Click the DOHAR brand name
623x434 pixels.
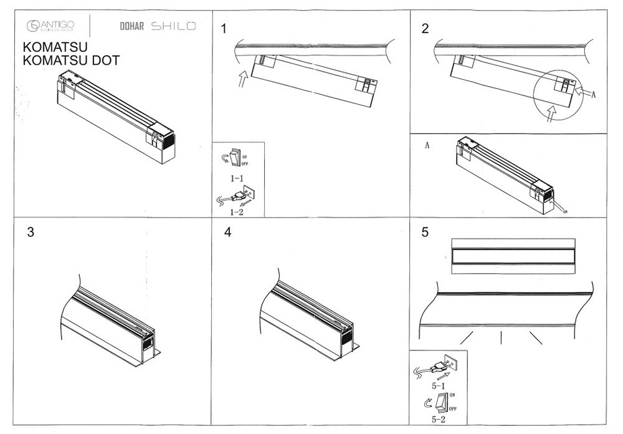130,26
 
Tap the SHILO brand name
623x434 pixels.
173,26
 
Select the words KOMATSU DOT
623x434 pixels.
71,60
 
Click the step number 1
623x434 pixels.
225,28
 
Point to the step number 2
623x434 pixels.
426,28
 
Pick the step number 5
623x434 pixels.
425,232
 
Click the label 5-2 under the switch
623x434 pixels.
437,420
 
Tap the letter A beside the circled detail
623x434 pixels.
594,94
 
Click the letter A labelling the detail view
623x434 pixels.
427,146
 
